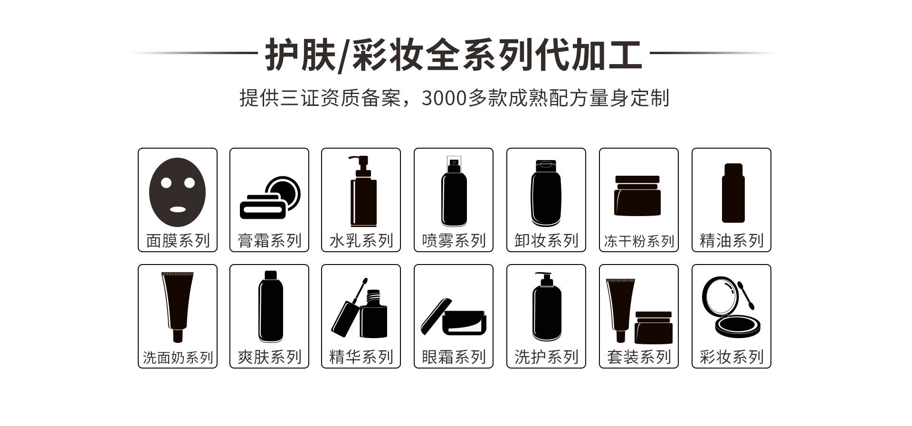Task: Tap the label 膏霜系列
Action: pyautogui.click(x=269, y=241)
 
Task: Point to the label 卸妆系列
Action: pyautogui.click(x=546, y=241)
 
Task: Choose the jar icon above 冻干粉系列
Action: pyautogui.click(x=637, y=196)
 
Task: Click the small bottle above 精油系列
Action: pyautogui.click(x=733, y=193)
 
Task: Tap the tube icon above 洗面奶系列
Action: pyautogui.click(x=178, y=307)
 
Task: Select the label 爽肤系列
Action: pyautogui.click(x=269, y=357)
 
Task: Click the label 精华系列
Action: pyautogui.click(x=361, y=357)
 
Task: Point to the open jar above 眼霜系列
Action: pyautogui.click(x=453, y=317)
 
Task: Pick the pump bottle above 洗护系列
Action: pyautogui.click(x=546, y=307)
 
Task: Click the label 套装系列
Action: pyautogui.click(x=639, y=357)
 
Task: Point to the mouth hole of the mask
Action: pyautogui.click(x=178, y=209)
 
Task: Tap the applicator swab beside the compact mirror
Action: pyautogui.click(x=746, y=294)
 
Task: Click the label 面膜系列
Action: pyautogui.click(x=178, y=241)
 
